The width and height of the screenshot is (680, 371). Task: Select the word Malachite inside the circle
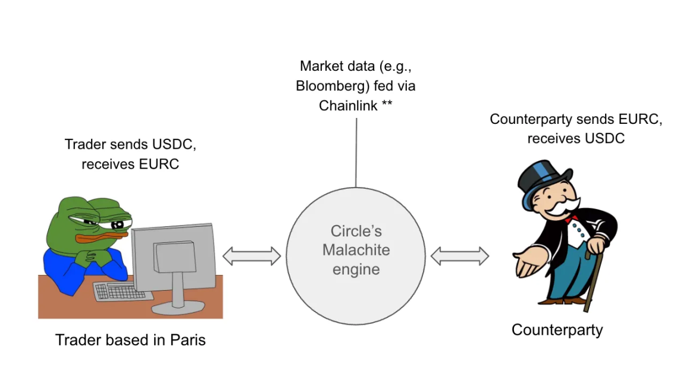(x=356, y=250)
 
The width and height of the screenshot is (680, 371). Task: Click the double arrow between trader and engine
(x=251, y=256)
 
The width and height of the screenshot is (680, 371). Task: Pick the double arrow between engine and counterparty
(x=459, y=256)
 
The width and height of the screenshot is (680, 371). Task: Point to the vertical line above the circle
(x=356, y=152)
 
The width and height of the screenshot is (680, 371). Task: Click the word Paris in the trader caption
(x=188, y=340)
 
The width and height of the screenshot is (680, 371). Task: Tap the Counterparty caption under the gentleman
(x=557, y=329)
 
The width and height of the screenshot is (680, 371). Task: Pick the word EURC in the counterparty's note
(x=639, y=119)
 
